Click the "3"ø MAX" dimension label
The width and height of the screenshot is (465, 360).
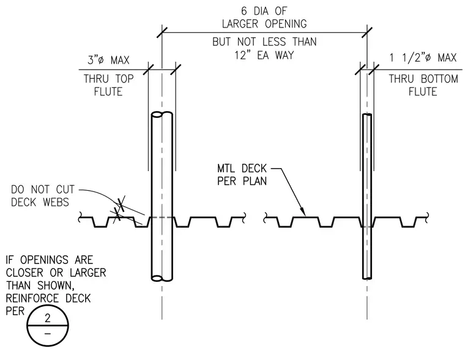(108, 60)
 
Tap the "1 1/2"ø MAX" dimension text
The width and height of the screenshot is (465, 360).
(423, 57)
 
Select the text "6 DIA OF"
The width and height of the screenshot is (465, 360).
(264, 11)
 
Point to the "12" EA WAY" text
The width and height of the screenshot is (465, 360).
(264, 55)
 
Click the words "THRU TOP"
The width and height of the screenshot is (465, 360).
(108, 79)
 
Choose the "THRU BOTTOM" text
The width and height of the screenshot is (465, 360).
(423, 79)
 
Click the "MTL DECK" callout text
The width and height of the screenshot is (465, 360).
(242, 168)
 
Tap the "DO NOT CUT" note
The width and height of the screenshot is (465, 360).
(42, 189)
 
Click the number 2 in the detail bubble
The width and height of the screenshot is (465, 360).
(48, 318)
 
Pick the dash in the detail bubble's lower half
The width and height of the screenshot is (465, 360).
(48, 334)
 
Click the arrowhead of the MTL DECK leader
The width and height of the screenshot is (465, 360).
(303, 214)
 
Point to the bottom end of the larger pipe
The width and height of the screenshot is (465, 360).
(162, 278)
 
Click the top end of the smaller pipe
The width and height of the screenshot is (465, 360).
(367, 115)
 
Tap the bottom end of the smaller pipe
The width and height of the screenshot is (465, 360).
(367, 278)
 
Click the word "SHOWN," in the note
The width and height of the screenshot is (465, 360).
(56, 285)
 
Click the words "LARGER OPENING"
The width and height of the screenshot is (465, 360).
(264, 24)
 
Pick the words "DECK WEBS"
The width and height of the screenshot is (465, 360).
(40, 202)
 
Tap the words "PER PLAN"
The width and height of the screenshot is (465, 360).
(242, 181)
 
